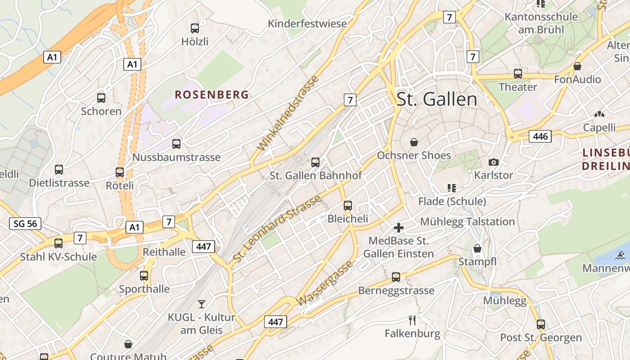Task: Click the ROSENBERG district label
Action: (x=211, y=94)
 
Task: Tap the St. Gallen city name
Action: (x=436, y=99)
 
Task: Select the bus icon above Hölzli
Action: (x=195, y=28)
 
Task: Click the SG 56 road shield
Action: (x=25, y=223)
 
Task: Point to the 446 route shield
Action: (x=540, y=136)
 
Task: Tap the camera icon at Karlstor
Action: (x=494, y=162)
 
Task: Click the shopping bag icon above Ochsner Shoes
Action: (x=414, y=142)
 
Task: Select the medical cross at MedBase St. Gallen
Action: (x=398, y=228)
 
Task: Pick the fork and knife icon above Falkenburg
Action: (x=412, y=320)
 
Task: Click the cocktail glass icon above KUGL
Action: (x=201, y=304)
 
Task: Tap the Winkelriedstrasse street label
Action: (x=288, y=113)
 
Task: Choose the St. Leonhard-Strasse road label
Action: (x=277, y=229)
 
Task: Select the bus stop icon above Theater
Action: (x=518, y=73)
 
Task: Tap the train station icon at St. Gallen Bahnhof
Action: (x=315, y=162)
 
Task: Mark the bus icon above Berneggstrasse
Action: (x=396, y=277)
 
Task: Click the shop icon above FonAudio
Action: (x=577, y=66)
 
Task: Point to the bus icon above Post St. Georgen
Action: (x=541, y=324)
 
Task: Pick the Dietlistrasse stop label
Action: (x=59, y=183)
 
